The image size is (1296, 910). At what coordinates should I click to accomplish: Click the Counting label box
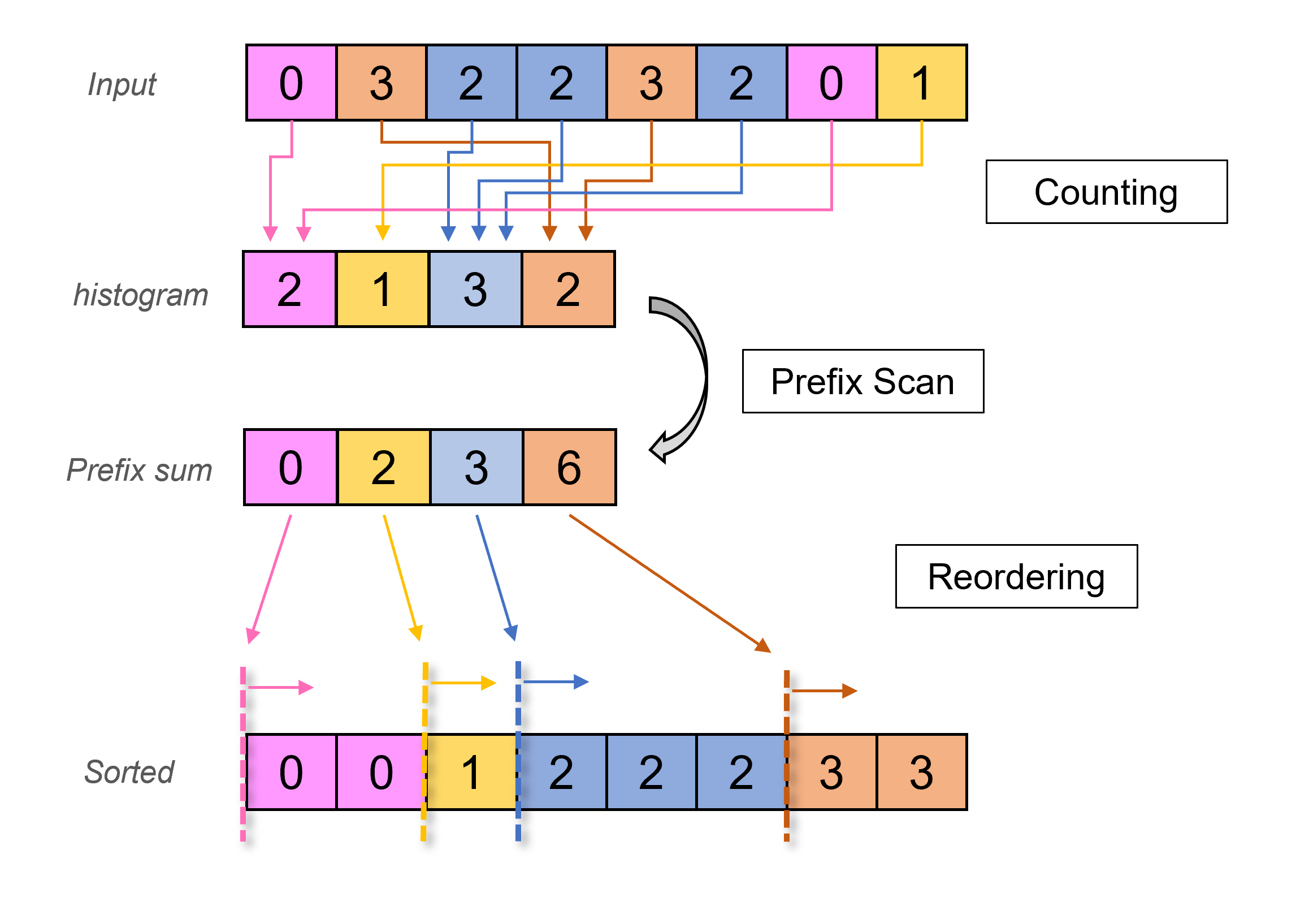point(1106,192)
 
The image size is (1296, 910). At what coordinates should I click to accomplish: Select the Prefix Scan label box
point(862,381)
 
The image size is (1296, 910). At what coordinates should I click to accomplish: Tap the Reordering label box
point(1016,576)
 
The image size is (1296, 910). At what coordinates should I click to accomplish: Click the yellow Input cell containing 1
point(921,83)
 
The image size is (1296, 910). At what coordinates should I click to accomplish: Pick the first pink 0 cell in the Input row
point(292,83)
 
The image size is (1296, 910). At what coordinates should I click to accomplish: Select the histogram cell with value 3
point(475,289)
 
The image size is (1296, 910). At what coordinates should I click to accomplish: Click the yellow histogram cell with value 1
point(383,289)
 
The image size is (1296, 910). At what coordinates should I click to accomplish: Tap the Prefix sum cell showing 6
point(569,467)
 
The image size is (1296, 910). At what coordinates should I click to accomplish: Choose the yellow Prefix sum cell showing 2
point(384,467)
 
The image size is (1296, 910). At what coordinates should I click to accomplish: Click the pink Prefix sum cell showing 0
point(291,467)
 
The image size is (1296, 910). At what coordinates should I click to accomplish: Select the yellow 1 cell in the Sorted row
point(471,772)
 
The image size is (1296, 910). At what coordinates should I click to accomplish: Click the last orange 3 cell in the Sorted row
point(921,772)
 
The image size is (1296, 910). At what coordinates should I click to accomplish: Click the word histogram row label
point(141,295)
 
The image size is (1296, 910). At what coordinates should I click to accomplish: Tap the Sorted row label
point(129,772)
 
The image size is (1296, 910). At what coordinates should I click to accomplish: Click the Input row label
point(122,85)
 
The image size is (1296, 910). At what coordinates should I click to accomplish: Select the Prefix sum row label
point(140,470)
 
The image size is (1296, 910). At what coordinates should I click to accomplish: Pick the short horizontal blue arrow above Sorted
point(556,682)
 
